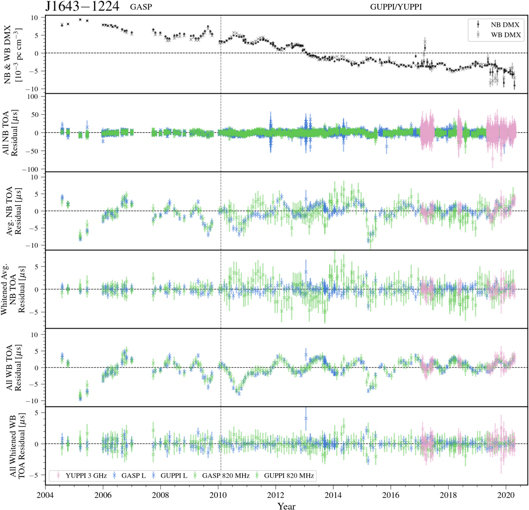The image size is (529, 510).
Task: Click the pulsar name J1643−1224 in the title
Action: click(82, 6)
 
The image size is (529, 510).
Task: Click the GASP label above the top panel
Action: click(141, 7)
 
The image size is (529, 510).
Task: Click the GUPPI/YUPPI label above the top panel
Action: click(396, 7)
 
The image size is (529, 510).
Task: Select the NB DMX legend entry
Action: click(505, 25)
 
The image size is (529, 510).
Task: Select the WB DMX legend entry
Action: click(505, 35)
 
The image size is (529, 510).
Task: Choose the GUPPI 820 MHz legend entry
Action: click(289, 476)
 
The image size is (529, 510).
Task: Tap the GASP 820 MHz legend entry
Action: click(225, 476)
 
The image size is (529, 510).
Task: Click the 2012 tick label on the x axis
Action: click(275, 495)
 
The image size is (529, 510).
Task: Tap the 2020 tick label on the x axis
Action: click(505, 495)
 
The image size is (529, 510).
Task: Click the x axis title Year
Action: click(286, 506)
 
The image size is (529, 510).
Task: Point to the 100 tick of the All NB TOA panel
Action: click(32, 97)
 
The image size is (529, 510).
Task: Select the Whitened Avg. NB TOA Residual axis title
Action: click(13, 289)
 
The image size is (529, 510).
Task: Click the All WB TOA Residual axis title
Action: click(14, 368)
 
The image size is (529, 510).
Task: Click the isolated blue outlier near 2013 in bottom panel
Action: click(306, 418)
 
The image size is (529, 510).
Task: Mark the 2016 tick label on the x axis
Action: click(391, 495)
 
